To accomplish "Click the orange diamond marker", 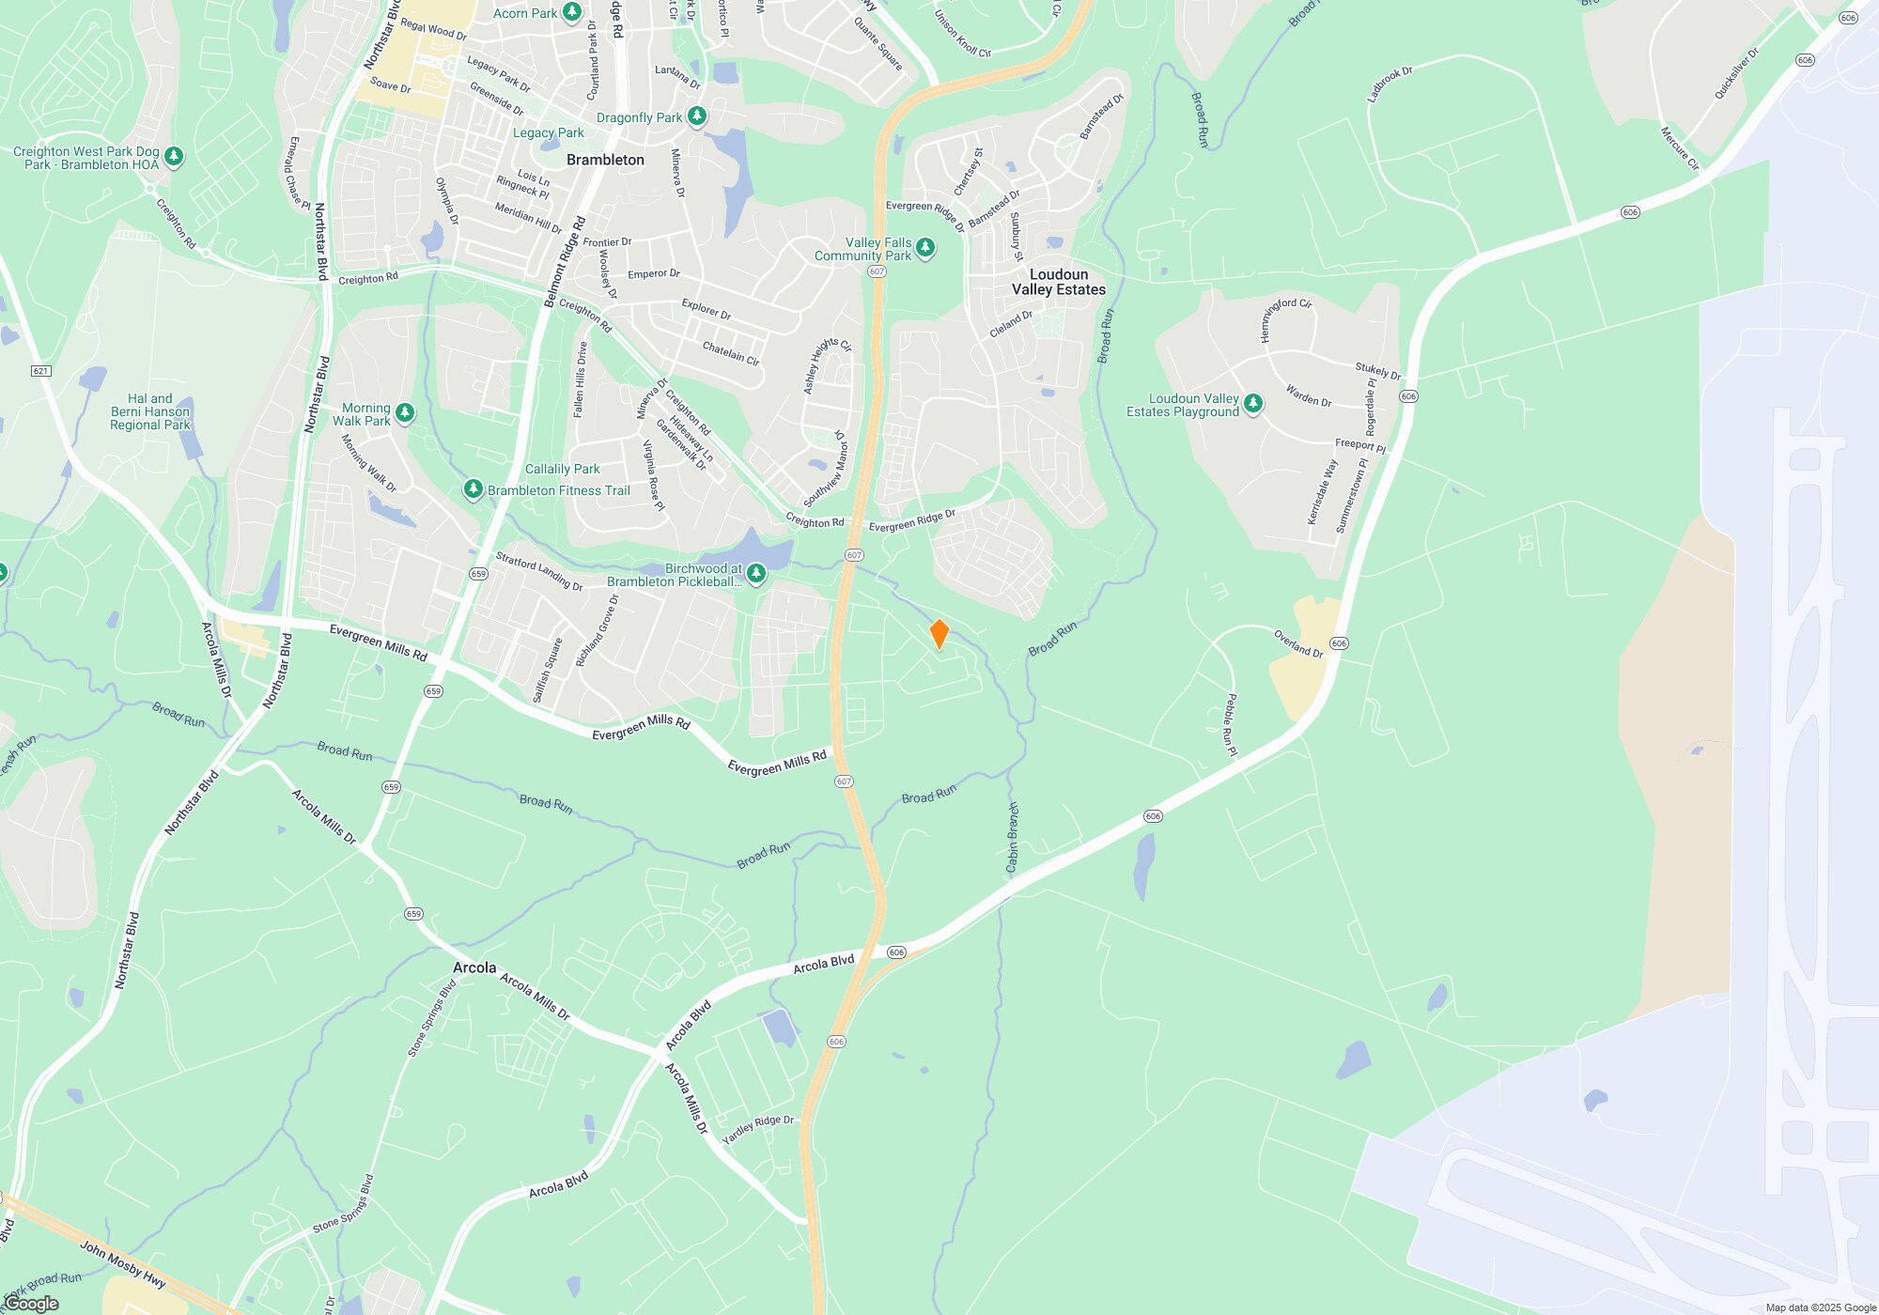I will (x=939, y=633).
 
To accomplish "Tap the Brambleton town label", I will (x=605, y=160).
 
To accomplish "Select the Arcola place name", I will (x=474, y=967).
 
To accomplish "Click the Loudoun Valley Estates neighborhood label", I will (x=1059, y=282).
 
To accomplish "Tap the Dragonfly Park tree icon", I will (x=696, y=116).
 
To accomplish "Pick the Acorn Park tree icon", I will (x=571, y=12).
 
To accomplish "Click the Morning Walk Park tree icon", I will (x=405, y=412).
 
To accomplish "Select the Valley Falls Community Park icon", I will (x=925, y=248).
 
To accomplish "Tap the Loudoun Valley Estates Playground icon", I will (x=1253, y=404).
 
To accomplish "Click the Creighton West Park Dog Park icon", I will (x=174, y=157).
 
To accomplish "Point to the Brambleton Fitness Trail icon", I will (x=474, y=489).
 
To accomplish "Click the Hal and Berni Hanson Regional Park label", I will (x=150, y=411).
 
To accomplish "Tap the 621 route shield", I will (x=40, y=371).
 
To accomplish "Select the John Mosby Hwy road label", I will (x=122, y=1263).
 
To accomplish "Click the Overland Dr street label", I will (x=1298, y=643).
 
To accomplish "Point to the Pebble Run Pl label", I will (x=1231, y=725).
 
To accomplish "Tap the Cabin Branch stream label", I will (x=1013, y=838).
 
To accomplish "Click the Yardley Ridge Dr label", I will (x=758, y=1129).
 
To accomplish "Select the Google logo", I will (x=31, y=1304).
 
